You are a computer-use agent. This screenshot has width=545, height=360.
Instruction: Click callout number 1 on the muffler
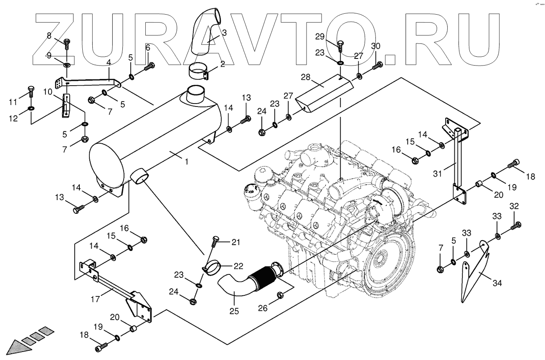point(186,161)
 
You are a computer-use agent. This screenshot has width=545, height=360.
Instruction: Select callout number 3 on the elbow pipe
point(224,32)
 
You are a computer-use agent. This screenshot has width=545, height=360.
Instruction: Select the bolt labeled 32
point(515,226)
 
